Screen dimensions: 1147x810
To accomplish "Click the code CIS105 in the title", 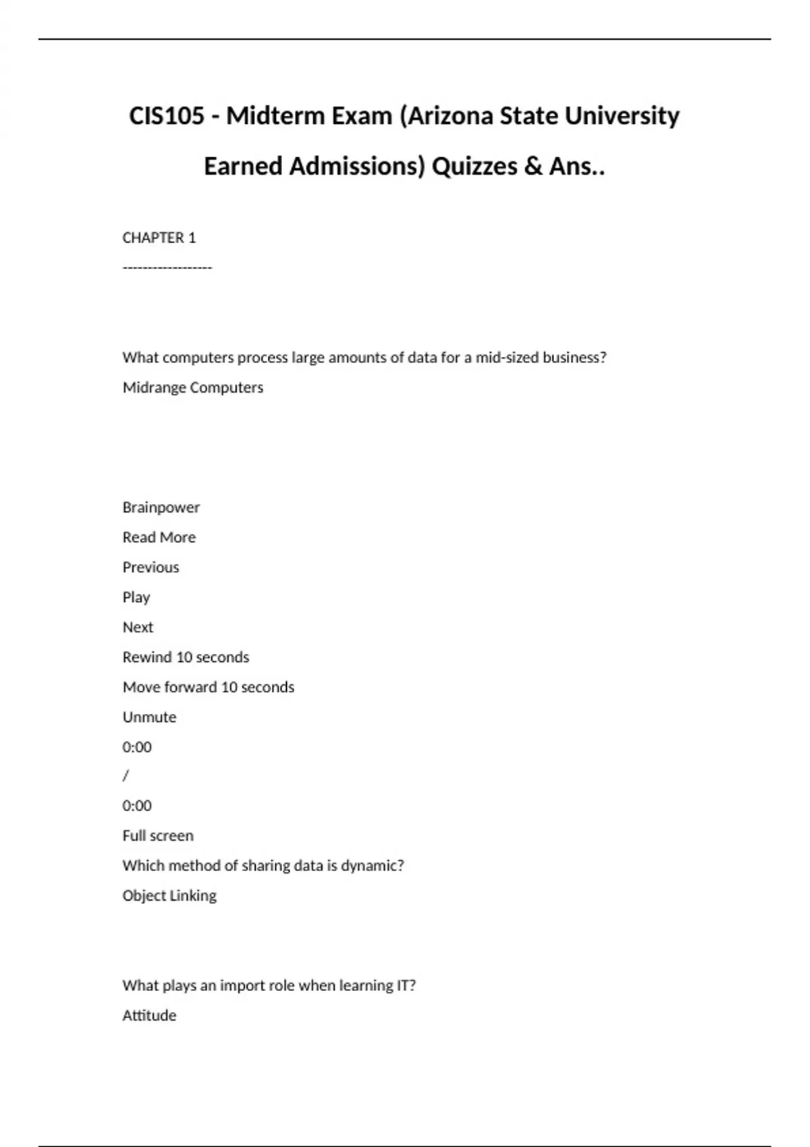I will [x=166, y=116].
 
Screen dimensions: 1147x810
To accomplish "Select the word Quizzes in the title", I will [x=474, y=166].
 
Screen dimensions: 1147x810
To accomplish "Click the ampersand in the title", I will [x=533, y=166].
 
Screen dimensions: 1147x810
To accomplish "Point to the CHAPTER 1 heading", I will [x=159, y=237].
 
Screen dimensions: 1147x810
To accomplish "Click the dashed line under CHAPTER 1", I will [x=167, y=268].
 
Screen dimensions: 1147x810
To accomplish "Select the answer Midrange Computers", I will [x=192, y=387].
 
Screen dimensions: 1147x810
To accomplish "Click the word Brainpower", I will [x=161, y=507].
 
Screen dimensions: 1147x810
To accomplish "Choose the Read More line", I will [x=159, y=537].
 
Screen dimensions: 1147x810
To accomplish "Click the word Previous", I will [x=151, y=567].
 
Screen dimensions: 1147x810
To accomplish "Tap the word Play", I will [x=136, y=597].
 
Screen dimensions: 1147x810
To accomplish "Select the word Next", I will [x=138, y=627].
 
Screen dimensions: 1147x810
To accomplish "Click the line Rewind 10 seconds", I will [x=186, y=657].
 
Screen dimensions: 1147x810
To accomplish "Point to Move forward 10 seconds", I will [x=208, y=687].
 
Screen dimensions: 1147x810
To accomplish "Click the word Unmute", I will [x=149, y=717].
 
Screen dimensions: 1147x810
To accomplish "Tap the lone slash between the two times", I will [x=126, y=776].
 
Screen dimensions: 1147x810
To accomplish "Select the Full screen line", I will [x=157, y=835].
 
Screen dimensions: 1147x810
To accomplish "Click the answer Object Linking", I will [x=169, y=895].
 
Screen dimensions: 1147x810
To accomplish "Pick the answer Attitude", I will [x=149, y=1015].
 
